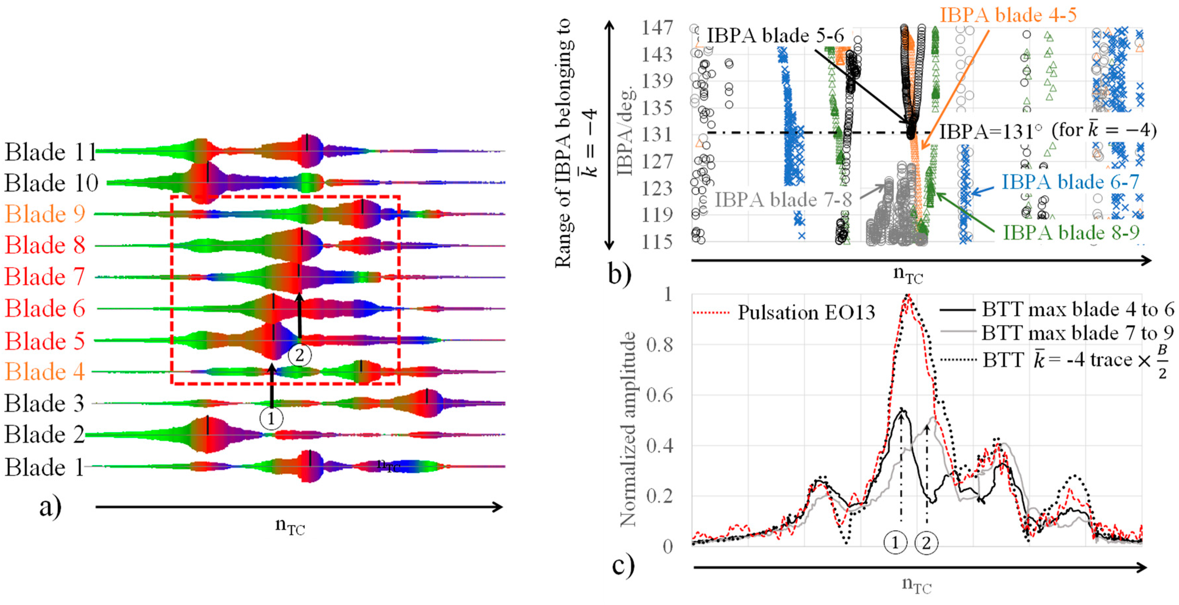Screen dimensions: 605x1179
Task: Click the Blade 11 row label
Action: pos(50,152)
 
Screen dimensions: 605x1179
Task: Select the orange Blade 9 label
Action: pos(45,214)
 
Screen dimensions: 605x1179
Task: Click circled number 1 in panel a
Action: pos(271,418)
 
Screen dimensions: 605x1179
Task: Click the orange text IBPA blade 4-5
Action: pos(1008,15)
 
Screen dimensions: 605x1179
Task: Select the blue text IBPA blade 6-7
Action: pos(1070,182)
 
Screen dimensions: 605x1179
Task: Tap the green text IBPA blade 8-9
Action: pos(1071,233)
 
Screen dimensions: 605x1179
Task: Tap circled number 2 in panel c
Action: pos(926,543)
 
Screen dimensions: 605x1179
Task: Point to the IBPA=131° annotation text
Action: pos(1048,131)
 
